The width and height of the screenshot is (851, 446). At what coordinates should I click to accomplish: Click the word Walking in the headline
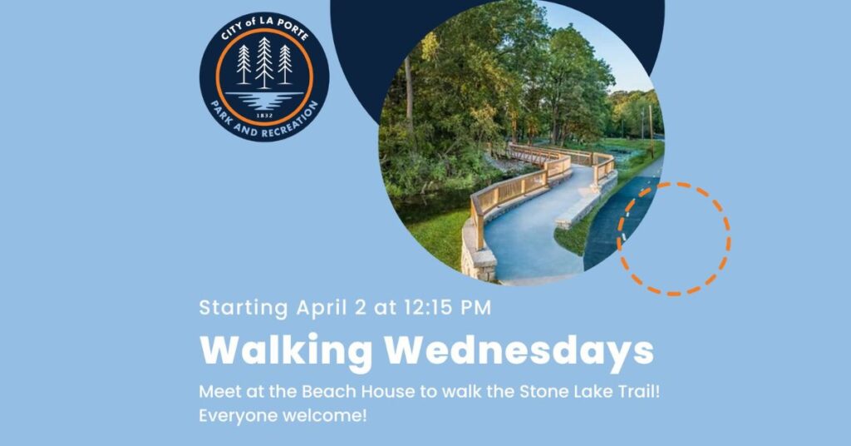click(286, 352)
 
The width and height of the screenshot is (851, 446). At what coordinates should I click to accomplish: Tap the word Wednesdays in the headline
click(519, 350)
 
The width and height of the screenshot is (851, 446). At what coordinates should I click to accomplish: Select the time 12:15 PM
click(447, 308)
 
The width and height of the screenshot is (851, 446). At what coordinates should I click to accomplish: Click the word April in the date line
click(322, 308)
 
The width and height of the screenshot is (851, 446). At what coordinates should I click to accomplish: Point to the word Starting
click(243, 308)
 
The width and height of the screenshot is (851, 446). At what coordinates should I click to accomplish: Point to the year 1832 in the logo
click(264, 116)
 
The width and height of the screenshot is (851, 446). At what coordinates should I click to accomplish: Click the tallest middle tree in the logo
click(264, 62)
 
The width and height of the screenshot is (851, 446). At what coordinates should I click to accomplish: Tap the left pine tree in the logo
click(243, 65)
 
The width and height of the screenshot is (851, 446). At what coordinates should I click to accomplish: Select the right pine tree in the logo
click(285, 65)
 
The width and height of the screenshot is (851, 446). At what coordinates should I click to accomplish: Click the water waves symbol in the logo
click(264, 100)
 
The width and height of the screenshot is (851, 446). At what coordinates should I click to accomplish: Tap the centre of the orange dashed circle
click(673, 239)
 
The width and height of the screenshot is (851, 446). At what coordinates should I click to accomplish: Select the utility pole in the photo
click(651, 131)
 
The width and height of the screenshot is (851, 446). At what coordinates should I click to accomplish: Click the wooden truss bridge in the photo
click(525, 154)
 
